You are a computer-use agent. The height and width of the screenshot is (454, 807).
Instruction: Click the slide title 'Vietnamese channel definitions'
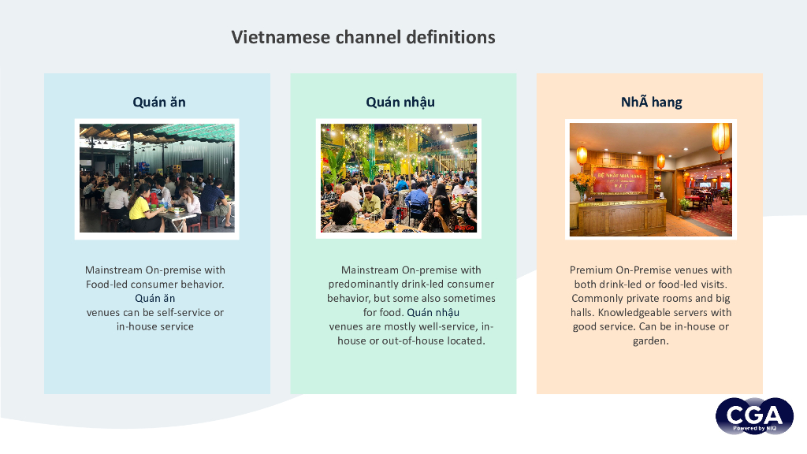pos(363,37)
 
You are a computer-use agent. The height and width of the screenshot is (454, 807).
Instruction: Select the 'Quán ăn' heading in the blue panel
pos(159,102)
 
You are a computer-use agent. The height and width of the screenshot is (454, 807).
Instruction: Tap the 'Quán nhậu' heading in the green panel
pos(400,102)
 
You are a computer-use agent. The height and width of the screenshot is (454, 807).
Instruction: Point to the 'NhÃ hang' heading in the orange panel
pos(651,102)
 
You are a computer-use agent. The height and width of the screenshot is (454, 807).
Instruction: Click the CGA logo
pos(753,415)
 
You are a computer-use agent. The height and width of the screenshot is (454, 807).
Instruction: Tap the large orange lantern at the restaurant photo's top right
pos(720,137)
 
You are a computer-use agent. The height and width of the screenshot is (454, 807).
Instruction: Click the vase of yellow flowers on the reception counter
pos(582,184)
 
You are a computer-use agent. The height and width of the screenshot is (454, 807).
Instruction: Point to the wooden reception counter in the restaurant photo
pos(623,216)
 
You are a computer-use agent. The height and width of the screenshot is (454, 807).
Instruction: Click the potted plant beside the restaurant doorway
pos(685,206)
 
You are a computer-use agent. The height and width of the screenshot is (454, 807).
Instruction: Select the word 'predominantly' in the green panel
pos(359,284)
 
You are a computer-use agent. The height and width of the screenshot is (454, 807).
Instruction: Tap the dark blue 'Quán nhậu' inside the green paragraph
pos(433,312)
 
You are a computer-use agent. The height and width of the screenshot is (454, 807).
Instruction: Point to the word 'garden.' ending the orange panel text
pos(650,340)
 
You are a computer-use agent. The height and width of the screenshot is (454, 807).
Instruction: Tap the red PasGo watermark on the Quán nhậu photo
pos(465,227)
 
